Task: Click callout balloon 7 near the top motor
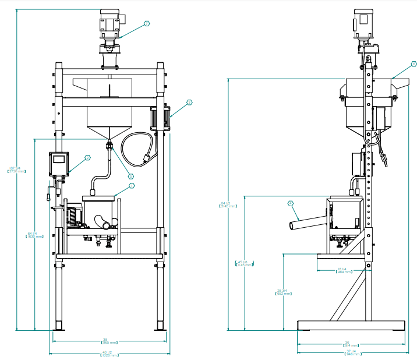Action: click(146, 24)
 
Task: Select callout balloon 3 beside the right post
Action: click(189, 103)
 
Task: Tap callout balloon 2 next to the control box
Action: click(88, 157)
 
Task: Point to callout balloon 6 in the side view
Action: click(414, 63)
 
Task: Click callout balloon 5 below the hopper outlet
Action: click(130, 175)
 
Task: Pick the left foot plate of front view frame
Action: click(59, 326)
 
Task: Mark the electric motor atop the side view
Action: click(364, 24)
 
